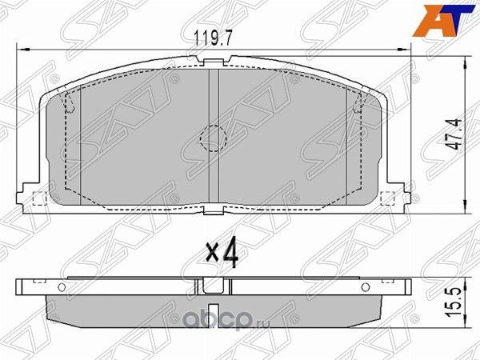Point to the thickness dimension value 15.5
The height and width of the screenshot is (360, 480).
click(x=454, y=305)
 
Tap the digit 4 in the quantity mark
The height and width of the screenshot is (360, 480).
click(x=231, y=254)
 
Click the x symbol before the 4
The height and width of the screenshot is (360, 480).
click(x=212, y=256)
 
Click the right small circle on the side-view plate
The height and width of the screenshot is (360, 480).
click(x=365, y=286)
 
